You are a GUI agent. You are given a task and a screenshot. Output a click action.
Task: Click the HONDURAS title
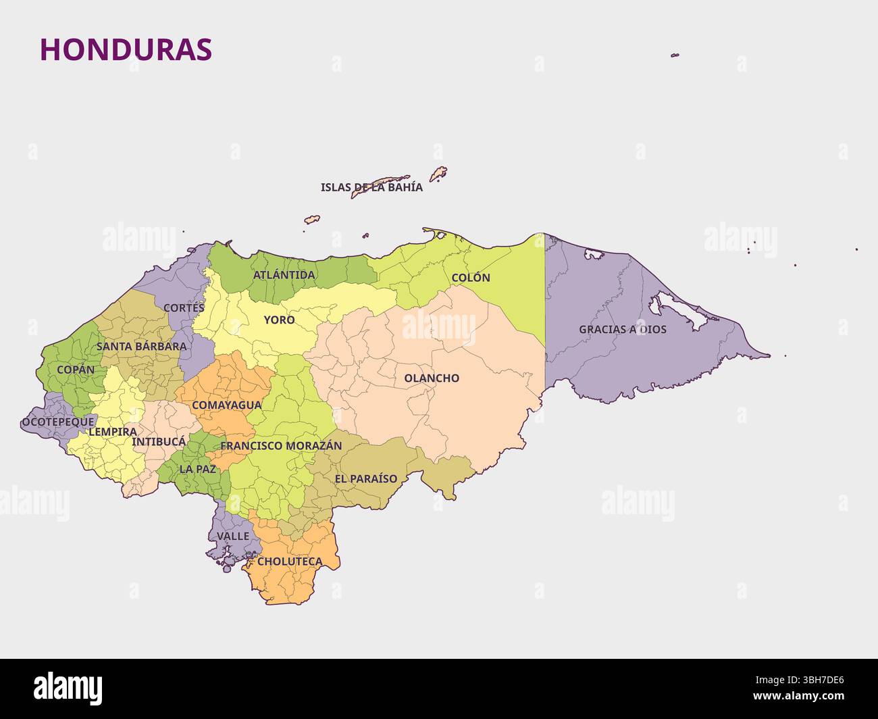(126, 49)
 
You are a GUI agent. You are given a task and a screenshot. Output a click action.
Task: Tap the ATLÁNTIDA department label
(284, 275)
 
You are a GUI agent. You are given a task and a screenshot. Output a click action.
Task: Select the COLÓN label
(471, 278)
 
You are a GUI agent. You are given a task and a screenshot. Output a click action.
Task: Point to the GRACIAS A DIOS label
(622, 330)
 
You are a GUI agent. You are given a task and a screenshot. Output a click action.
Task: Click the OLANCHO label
(432, 378)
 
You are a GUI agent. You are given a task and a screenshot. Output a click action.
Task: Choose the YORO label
(279, 320)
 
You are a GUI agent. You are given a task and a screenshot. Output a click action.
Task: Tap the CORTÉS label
(184, 307)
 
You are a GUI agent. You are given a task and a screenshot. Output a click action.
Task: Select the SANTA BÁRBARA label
(141, 347)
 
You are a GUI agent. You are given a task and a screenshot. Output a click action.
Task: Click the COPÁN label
(76, 370)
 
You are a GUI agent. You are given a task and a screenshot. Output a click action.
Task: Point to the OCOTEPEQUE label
(58, 422)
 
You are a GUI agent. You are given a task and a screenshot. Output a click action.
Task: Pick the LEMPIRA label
(112, 431)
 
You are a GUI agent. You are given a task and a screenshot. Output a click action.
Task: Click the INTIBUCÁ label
(159, 442)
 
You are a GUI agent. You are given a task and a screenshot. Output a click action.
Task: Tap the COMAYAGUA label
(226, 405)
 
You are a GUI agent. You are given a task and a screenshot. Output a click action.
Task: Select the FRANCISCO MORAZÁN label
(281, 446)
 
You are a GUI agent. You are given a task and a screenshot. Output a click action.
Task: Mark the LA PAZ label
(197, 468)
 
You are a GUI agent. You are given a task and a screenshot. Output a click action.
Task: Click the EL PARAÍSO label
(366, 479)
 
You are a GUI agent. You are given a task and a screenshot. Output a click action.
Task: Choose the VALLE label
(233, 536)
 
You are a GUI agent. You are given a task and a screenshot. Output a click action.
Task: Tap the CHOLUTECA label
(290, 562)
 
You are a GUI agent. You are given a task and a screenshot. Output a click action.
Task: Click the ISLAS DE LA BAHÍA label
(371, 187)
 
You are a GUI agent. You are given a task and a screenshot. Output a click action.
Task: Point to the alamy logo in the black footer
(68, 688)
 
